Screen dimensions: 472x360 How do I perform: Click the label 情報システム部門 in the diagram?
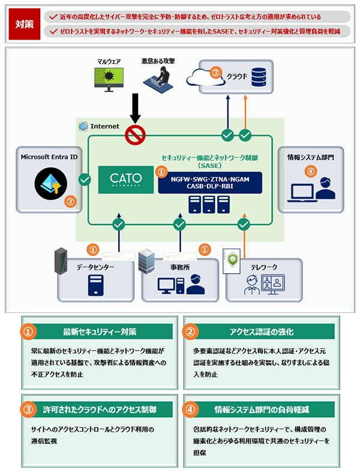point(311,157)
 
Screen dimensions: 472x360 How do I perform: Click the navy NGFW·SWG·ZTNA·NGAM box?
point(210,183)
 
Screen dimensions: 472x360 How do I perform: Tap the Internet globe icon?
point(83,126)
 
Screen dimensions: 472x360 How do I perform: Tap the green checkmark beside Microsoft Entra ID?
point(85,179)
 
